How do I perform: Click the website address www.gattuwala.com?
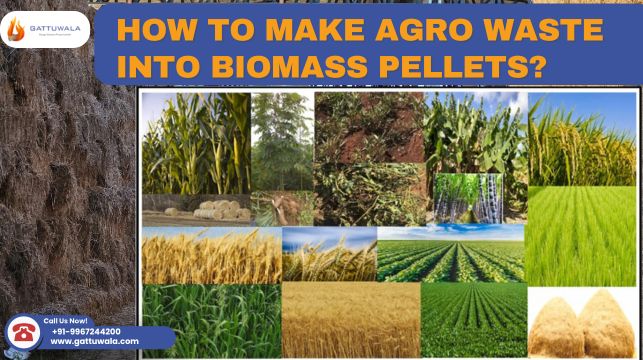pos(94,341)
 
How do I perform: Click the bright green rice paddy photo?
pos(581,235)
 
